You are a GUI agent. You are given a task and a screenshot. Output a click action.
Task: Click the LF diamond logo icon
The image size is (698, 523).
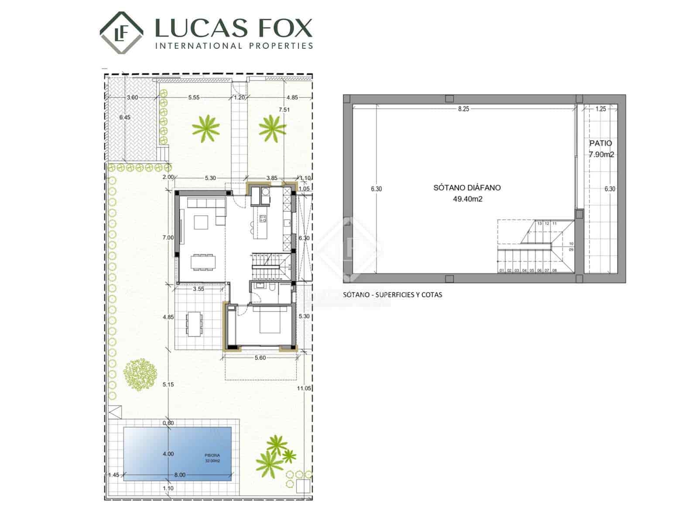pos(121,33)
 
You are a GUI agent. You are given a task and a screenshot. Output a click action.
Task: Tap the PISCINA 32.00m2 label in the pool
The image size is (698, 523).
pos(212,458)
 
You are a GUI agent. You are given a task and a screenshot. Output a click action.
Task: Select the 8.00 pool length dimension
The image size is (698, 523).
pos(180,475)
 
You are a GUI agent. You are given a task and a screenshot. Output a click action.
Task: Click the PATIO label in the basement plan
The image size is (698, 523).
pos(601,143)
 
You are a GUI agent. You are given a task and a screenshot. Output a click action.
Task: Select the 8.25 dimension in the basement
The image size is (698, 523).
pos(463,109)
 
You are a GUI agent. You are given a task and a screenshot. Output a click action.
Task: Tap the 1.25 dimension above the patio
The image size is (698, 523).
pos(601,109)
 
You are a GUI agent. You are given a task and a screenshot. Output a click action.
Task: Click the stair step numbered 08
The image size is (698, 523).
pos(554,270)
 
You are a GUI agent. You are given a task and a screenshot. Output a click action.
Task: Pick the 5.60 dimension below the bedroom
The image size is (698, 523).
pos(260,358)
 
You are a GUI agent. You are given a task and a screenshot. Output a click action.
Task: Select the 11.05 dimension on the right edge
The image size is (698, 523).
pos(304,388)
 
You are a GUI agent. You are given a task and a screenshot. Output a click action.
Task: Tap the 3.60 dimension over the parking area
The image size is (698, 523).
pos(132,97)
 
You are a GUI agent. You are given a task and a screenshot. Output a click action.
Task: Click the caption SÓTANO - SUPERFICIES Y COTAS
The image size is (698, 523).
pos(392,295)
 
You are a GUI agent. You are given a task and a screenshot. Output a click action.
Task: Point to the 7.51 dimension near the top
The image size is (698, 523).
pos(284,110)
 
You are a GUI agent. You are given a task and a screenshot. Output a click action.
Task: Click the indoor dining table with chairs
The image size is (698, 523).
pos(203,261)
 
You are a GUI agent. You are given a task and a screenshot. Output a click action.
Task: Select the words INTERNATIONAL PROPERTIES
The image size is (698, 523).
pos(234,46)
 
